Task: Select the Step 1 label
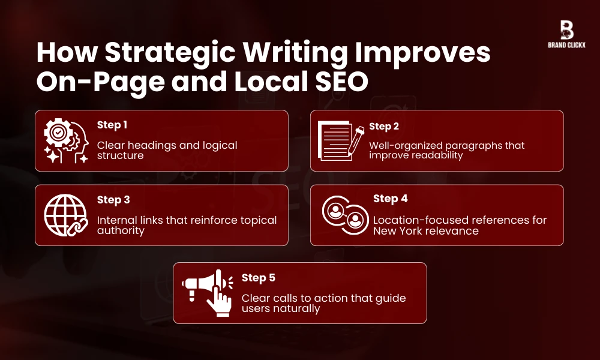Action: [x=112, y=125]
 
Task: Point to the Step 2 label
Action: [x=384, y=126]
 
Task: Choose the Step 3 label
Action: [x=113, y=200]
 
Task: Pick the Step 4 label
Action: [x=389, y=199]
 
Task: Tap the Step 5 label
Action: [x=258, y=278]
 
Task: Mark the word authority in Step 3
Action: [x=121, y=230]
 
